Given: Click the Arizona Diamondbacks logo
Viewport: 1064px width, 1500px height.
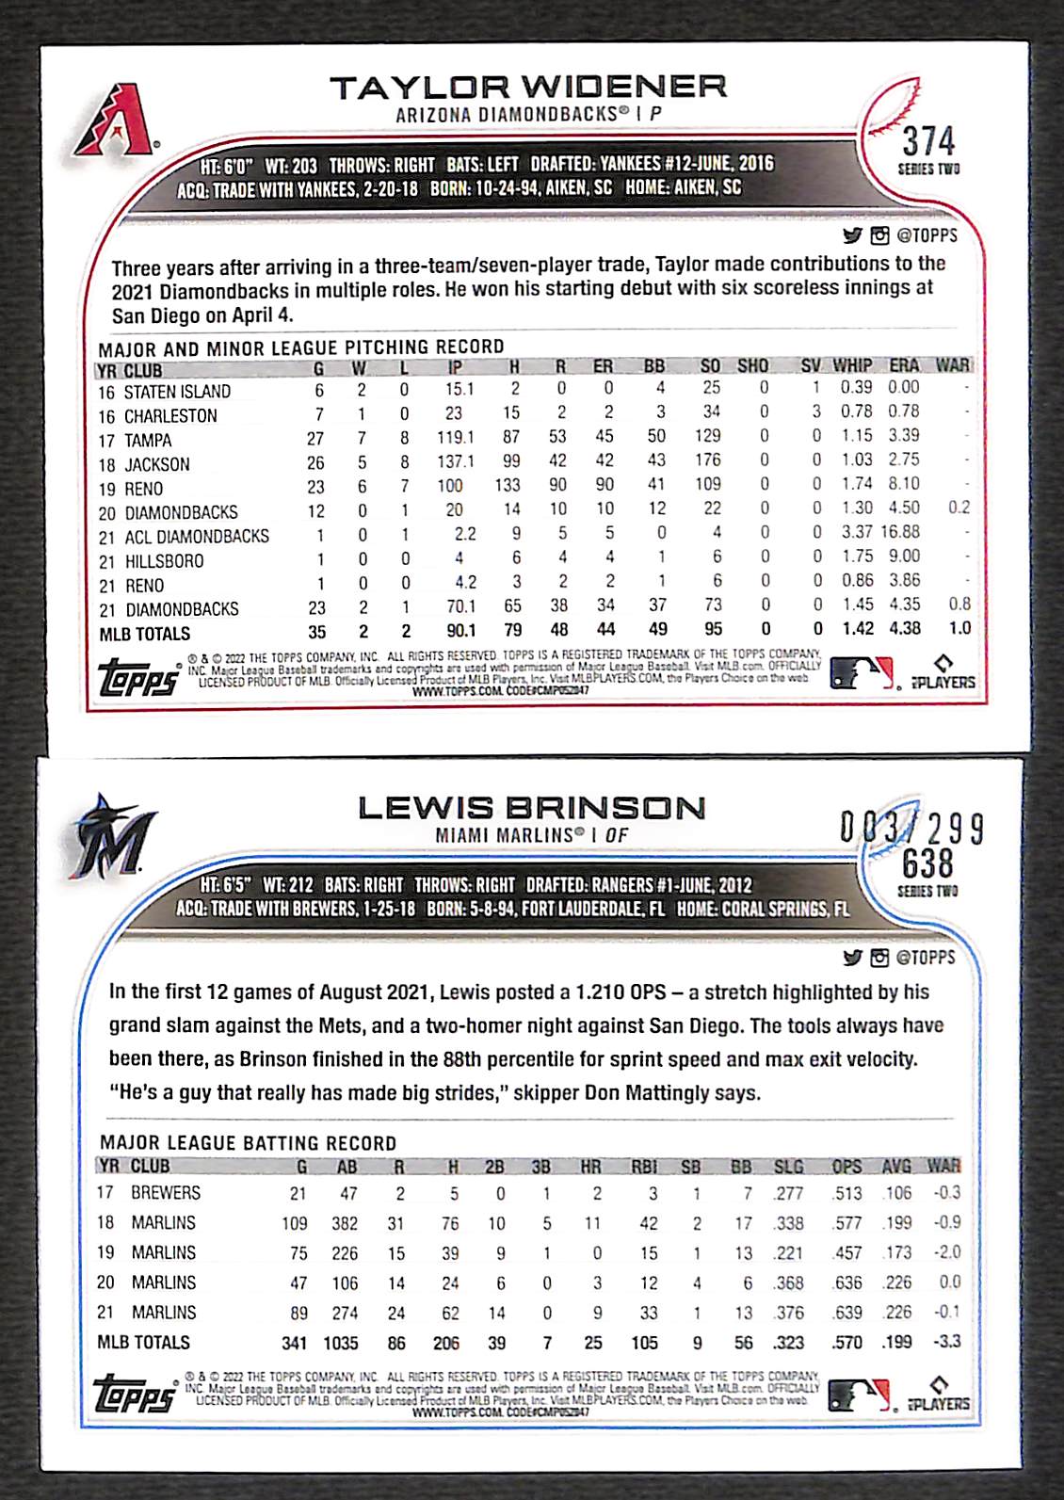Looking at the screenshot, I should point(117,120).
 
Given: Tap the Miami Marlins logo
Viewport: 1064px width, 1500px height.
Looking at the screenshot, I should point(111,836).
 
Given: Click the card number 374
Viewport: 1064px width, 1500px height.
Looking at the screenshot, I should point(928,142).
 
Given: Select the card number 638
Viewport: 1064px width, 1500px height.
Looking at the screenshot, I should point(927,863).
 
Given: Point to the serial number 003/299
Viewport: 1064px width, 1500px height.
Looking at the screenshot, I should point(911,829).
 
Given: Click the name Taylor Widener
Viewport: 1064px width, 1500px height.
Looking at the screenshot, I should point(528,88).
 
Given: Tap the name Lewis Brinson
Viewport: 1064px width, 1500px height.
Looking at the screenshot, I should point(531,808).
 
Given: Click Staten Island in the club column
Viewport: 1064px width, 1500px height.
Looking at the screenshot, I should point(177,392).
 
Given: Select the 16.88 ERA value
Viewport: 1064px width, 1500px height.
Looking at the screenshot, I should point(901,532).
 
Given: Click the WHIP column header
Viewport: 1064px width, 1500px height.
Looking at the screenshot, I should point(852,365).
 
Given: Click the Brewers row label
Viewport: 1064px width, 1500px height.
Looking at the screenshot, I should point(166,1193).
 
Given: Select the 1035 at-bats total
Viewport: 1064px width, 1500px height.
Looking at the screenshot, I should point(341,1343).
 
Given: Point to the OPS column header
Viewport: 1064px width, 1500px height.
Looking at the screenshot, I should point(846,1167).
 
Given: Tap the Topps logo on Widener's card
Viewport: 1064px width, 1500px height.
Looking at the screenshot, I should point(138,678).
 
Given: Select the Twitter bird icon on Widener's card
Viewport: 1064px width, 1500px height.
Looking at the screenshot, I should point(852,235).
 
